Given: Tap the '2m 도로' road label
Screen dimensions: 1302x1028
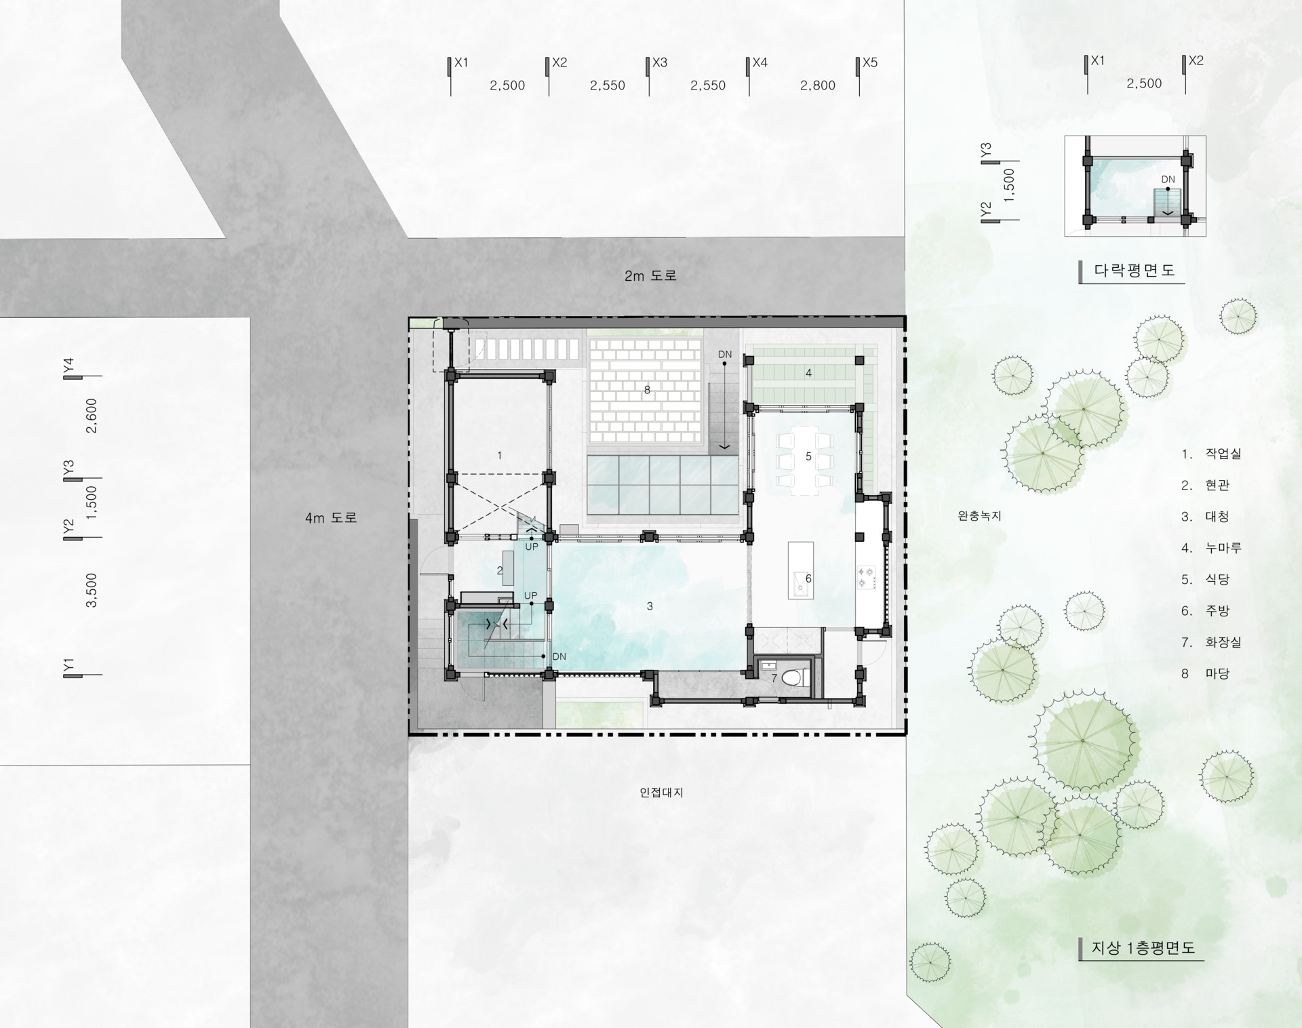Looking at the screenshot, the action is coord(650,276).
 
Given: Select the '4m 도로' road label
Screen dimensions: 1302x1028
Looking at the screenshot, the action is coord(330,518).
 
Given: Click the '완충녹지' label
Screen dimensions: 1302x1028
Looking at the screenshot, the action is coord(979,516).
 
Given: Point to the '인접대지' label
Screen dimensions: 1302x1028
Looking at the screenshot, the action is coord(661,792).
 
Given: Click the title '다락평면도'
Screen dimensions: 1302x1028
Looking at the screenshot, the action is coord(1134,270).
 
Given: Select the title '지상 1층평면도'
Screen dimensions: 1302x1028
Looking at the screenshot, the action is coord(1143,948).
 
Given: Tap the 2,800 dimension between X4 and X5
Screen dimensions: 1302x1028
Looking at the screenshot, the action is coord(817,85).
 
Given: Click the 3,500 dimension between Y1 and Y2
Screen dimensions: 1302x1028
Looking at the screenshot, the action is coord(92,590).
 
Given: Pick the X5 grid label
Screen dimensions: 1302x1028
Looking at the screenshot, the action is coord(870,62).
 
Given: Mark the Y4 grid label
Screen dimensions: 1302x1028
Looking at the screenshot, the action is coord(68,365).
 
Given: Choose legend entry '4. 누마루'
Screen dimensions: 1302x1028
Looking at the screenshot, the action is coord(1211,548).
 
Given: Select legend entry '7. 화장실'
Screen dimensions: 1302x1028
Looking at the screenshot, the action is coord(1211,642).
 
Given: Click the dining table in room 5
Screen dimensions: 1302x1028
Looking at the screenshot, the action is coord(805,458).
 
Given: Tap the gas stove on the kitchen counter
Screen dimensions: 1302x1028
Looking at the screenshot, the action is coord(867,577).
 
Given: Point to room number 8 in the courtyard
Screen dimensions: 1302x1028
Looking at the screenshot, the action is coord(647,390).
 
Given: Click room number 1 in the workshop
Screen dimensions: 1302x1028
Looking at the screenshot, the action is coord(500,456).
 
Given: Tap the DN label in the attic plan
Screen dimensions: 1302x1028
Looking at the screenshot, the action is coord(1168,180).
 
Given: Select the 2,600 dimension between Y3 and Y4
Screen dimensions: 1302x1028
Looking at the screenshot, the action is coord(92,416).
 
